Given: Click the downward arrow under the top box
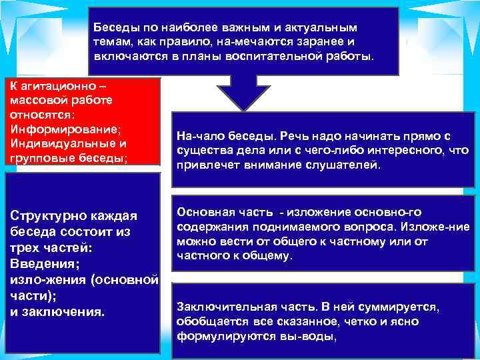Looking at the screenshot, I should click(x=245, y=93).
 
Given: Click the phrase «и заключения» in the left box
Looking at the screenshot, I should click(x=58, y=311).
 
